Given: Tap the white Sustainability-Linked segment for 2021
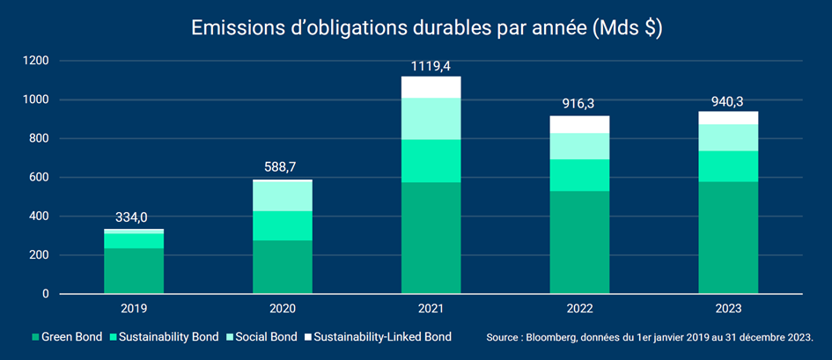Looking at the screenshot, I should pyautogui.click(x=431, y=87).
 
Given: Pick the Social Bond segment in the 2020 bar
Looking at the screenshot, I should pyautogui.click(x=283, y=195).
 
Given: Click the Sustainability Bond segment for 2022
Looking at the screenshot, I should pyautogui.click(x=579, y=175).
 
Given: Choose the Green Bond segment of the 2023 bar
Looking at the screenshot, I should pyautogui.click(x=728, y=238).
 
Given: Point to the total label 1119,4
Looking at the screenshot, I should pyautogui.click(x=431, y=65).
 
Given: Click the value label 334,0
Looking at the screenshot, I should pyautogui.click(x=134, y=218).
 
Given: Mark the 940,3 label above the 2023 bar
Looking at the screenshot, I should pyautogui.click(x=728, y=100).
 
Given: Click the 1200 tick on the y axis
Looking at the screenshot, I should pyautogui.click(x=37, y=61).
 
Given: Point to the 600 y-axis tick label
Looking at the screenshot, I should pyautogui.click(x=40, y=178).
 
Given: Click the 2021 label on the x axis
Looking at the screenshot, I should pyautogui.click(x=431, y=308).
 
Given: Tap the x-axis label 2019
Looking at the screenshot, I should pyautogui.click(x=134, y=308).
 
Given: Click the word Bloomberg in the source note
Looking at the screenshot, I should pyautogui.click(x=558, y=337).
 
